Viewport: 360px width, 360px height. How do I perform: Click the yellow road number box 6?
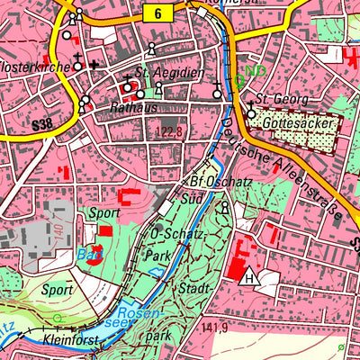(157, 13)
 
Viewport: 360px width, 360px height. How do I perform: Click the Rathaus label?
(128, 107)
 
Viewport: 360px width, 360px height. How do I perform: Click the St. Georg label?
(276, 99)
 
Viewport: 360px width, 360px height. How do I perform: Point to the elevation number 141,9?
(215, 327)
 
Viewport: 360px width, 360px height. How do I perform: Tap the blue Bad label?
(87, 254)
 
